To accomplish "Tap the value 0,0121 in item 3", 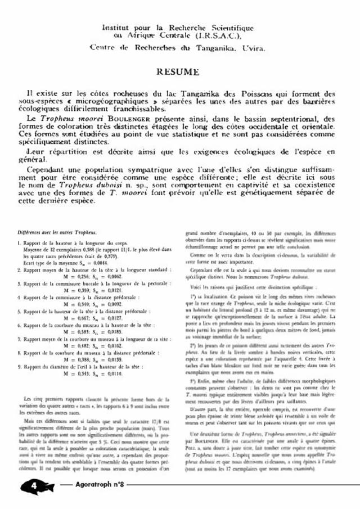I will coord(114,291).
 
